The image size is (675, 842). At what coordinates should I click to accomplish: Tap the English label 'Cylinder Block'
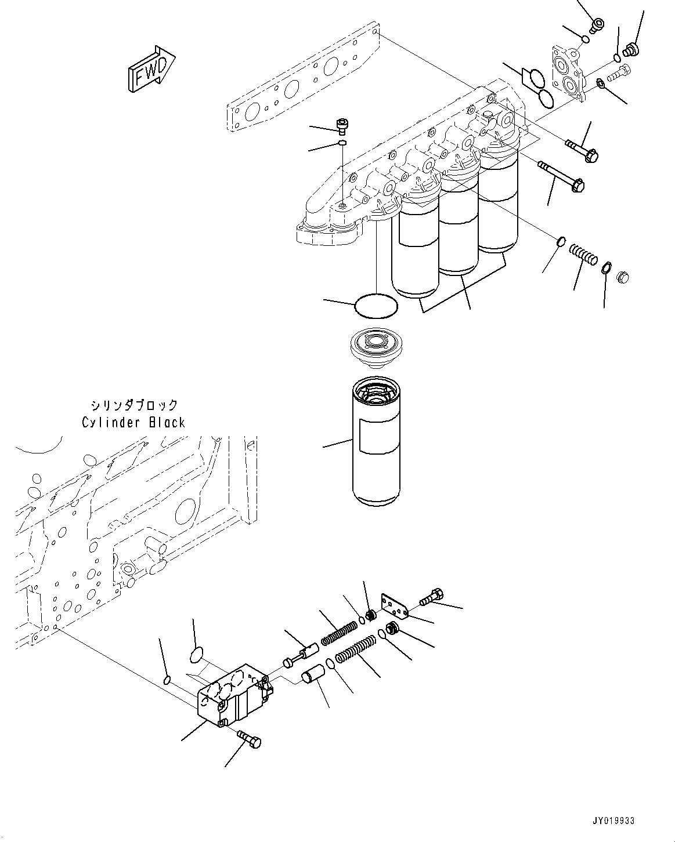point(133,422)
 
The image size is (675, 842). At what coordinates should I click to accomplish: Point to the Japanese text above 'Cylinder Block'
point(134,405)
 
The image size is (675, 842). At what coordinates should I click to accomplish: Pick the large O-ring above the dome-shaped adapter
point(376,306)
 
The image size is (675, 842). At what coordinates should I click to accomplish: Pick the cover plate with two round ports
point(567,73)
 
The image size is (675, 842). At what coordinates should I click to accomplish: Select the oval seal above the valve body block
point(197,655)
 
